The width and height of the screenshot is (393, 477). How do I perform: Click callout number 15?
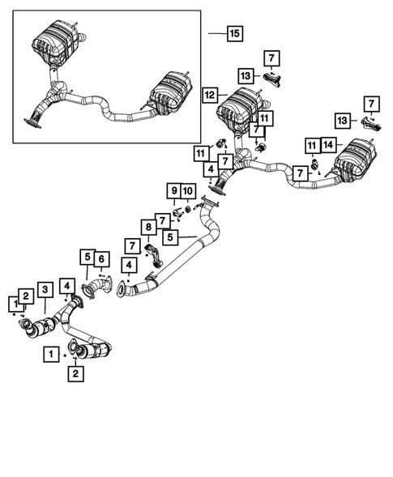pyautogui.click(x=233, y=33)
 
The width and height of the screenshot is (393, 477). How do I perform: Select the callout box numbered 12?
pyautogui.click(x=209, y=95)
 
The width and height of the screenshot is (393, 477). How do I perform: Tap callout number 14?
pyautogui.click(x=327, y=145)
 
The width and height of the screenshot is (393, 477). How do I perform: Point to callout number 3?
pyautogui.click(x=45, y=289)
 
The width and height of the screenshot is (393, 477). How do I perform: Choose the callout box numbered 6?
pyautogui.click(x=102, y=258)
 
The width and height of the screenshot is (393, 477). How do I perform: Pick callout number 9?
pyautogui.click(x=173, y=190)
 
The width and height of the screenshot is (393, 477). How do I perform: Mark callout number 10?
pyautogui.click(x=187, y=190)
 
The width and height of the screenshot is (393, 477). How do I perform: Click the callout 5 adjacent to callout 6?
pyautogui.click(x=86, y=258)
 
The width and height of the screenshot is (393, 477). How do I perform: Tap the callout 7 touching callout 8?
pyautogui.click(x=131, y=245)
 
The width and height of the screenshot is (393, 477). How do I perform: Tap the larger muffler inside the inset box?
pyautogui.click(x=57, y=42)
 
